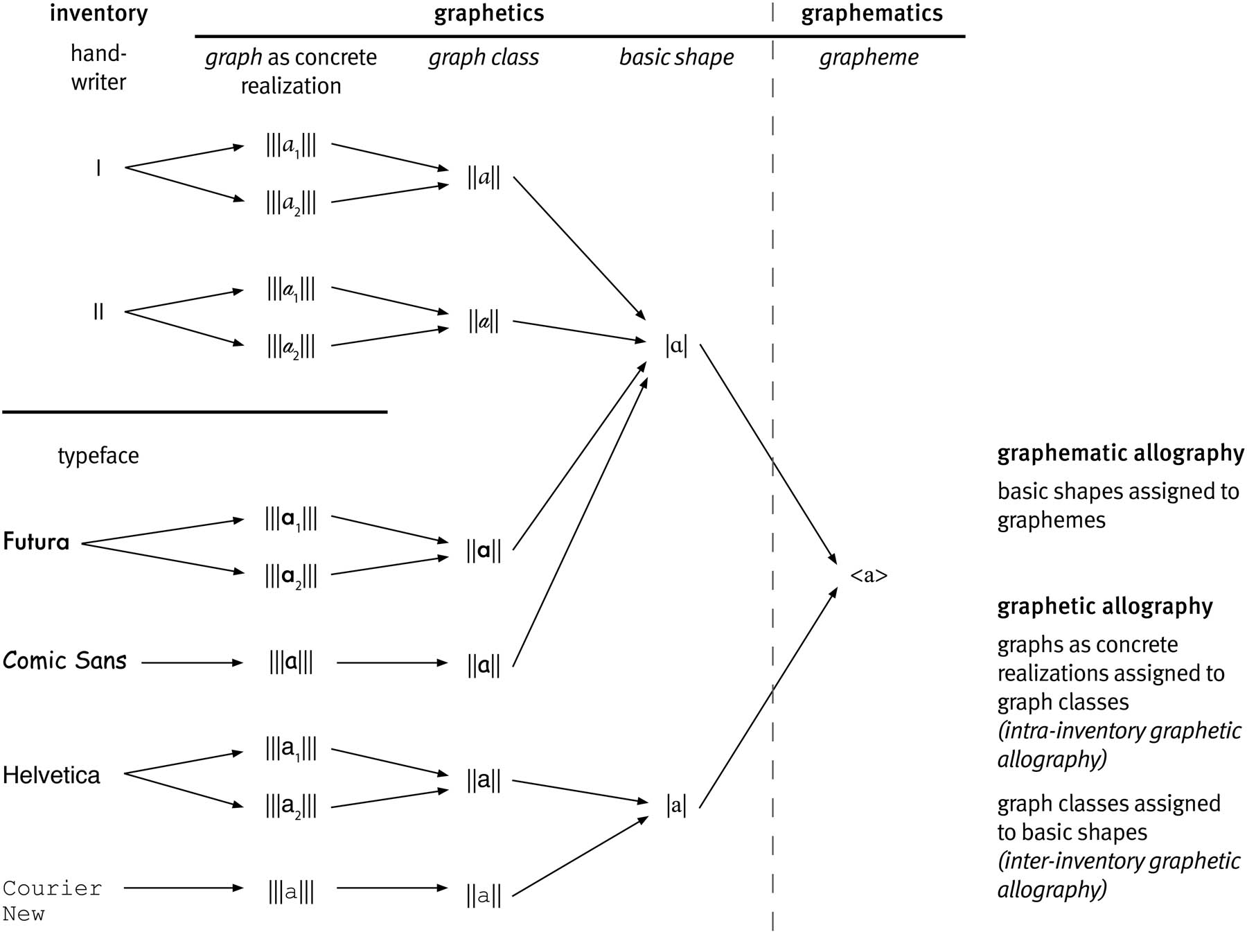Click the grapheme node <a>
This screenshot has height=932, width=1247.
click(868, 576)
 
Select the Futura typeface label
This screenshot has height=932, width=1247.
click(36, 542)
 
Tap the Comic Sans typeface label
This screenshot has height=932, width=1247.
click(64, 661)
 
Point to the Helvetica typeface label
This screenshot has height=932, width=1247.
click(51, 775)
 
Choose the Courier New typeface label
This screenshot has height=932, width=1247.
click(51, 900)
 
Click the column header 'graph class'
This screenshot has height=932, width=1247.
click(484, 58)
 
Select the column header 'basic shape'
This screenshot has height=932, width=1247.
click(676, 58)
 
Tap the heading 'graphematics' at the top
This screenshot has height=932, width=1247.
click(872, 14)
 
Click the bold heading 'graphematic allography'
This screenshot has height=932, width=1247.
click(1120, 454)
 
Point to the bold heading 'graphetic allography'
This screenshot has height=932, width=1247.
click(1105, 607)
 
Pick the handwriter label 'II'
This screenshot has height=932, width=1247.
click(98, 312)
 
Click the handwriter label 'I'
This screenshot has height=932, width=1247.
click(98, 168)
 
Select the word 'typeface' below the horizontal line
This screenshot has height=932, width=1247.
click(98, 456)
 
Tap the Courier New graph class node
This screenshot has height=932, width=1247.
click(484, 895)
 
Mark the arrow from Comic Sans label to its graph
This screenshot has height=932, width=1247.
click(192, 663)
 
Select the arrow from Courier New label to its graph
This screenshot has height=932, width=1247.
click(184, 888)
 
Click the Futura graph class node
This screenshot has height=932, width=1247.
click(484, 552)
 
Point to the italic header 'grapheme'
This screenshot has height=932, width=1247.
click(869, 58)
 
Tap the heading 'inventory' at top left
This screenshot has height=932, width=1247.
click(98, 14)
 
